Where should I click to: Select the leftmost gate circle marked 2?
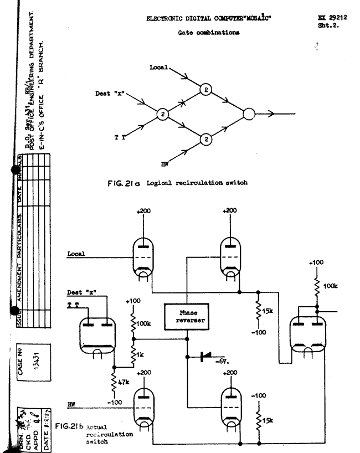pyautogui.click(x=162, y=114)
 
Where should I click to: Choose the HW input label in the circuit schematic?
pyautogui.click(x=70, y=404)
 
